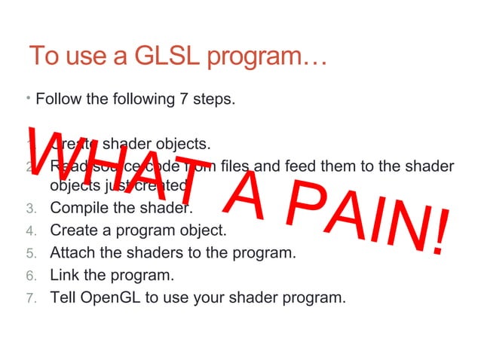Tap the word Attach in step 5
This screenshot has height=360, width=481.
[72, 252]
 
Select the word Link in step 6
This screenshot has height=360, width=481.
[63, 274]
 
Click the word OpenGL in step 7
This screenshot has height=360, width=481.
[110, 297]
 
